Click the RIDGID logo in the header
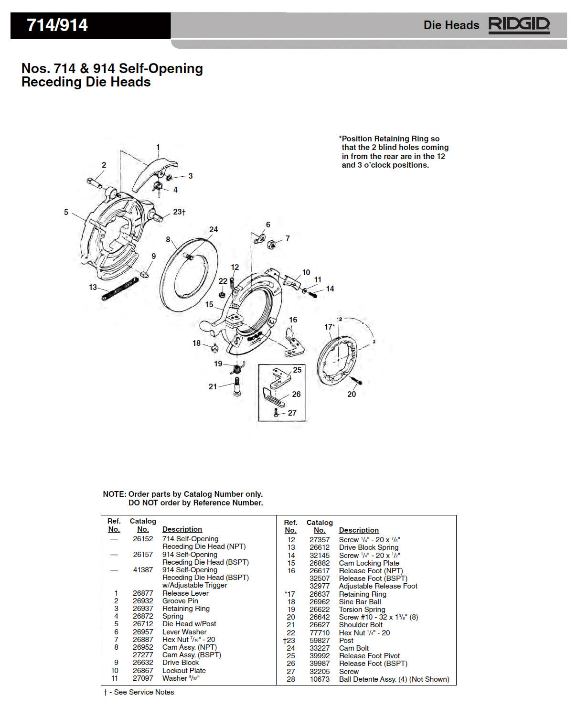tap(519, 25)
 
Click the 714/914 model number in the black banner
tap(57, 25)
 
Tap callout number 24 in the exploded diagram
tap(214, 230)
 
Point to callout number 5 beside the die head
tap(66, 212)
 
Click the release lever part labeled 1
tap(153, 170)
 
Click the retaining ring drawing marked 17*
tap(337, 361)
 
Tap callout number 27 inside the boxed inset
tap(292, 413)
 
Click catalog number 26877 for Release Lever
tap(143, 593)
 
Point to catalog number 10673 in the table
tap(319, 679)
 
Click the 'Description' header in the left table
tap(182, 529)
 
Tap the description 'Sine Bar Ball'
tap(360, 602)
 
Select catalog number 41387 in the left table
tap(143, 570)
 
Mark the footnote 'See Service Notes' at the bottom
tap(144, 692)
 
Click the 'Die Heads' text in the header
tap(451, 25)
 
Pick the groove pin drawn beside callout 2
tap(94, 182)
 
